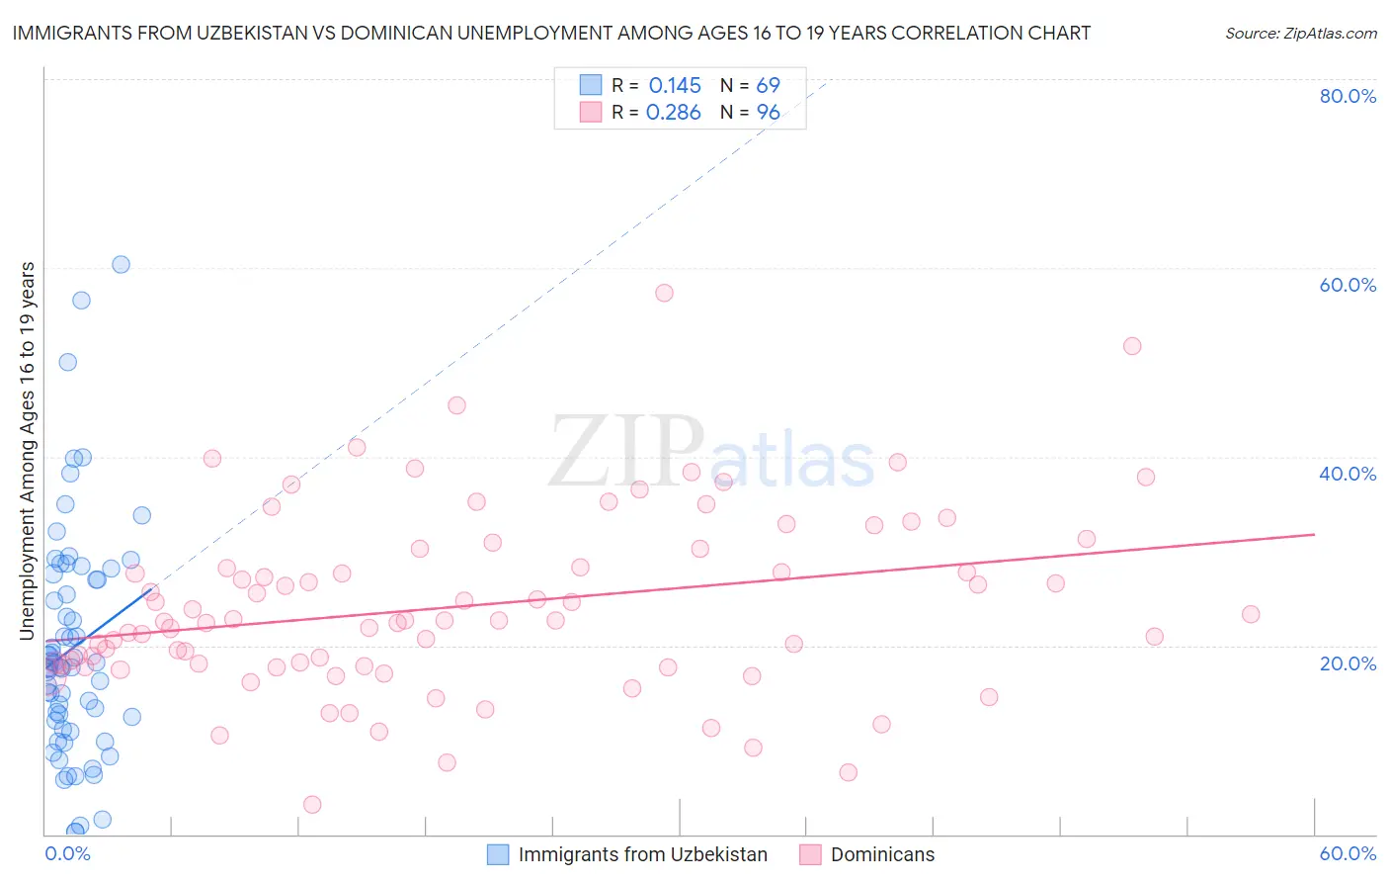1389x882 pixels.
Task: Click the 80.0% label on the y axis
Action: tap(1348, 96)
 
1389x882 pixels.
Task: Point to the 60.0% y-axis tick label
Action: tap(1348, 285)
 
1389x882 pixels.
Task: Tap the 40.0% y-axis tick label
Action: tap(1348, 474)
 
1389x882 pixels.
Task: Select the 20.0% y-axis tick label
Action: tap(1348, 662)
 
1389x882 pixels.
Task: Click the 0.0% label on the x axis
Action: tap(67, 853)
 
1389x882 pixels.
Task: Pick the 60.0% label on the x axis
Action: tap(1348, 853)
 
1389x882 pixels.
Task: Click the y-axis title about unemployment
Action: tap(27, 451)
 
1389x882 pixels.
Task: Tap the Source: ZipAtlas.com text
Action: tap(1300, 33)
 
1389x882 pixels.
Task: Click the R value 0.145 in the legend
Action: tap(675, 85)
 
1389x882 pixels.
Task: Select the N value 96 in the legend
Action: tap(768, 112)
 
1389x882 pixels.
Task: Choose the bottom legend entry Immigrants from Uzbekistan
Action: tap(642, 854)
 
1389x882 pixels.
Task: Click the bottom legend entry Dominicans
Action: tap(882, 854)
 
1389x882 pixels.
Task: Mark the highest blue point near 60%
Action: tap(121, 264)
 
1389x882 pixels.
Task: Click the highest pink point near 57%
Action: tap(664, 293)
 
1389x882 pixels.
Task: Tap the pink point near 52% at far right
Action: tap(1132, 346)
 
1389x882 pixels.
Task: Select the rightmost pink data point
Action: tap(1251, 614)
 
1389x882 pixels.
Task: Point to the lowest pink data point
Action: tap(312, 804)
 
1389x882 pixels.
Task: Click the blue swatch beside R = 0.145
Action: tap(590, 85)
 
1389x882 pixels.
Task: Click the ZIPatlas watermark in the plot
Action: tap(711, 453)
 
